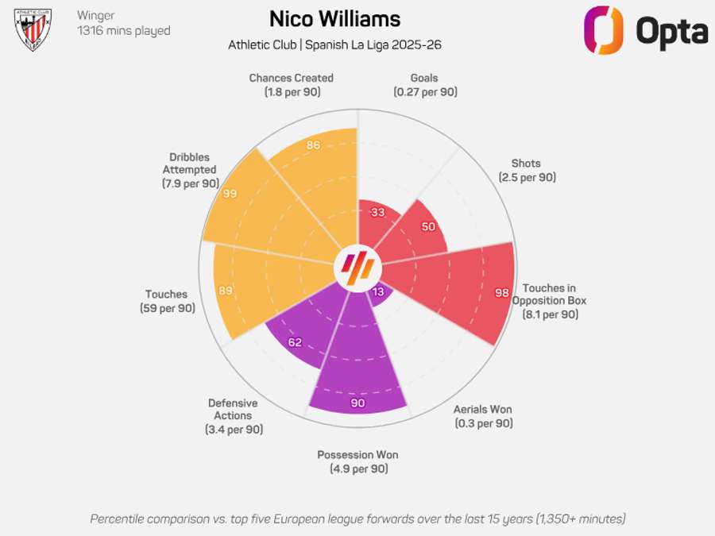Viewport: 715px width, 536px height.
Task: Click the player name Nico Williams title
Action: point(334,19)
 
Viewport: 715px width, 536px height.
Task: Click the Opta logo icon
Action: point(604,30)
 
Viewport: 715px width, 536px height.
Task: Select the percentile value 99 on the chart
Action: point(230,194)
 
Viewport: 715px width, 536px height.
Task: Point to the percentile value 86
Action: point(313,145)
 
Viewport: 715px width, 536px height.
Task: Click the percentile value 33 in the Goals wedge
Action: point(378,212)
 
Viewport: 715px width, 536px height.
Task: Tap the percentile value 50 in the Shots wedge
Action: point(427,226)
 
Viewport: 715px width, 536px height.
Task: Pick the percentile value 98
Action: point(501,292)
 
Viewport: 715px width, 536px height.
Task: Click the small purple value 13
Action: point(378,291)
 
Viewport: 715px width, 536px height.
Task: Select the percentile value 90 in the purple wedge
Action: point(357,403)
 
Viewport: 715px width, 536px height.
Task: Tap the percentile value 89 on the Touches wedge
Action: point(226,291)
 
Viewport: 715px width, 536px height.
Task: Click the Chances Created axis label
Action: point(291,85)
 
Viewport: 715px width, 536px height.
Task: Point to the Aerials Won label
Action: point(483,416)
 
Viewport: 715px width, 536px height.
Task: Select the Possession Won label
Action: point(357,461)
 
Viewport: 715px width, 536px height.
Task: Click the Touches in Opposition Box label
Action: point(549,301)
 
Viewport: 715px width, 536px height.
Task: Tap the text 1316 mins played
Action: point(123,31)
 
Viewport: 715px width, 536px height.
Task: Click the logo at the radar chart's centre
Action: point(357,267)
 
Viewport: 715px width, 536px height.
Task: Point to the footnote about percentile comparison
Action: point(357,519)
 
